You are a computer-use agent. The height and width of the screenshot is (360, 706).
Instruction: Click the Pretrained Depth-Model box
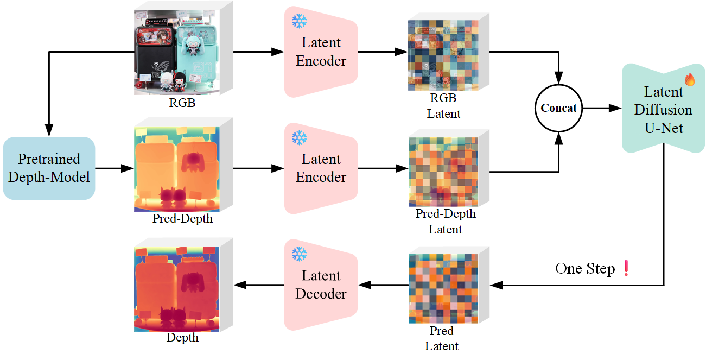49,168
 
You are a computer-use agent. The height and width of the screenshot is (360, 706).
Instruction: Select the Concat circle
558,108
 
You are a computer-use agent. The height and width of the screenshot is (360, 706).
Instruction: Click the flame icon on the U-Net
690,80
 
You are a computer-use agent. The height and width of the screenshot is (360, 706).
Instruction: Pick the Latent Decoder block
321,285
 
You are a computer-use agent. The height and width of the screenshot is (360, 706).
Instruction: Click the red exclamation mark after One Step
626,269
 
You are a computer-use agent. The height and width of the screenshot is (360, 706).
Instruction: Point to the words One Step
585,269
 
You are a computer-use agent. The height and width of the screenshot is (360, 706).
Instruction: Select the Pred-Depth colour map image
177,169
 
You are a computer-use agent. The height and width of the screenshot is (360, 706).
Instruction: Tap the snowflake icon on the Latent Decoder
300,254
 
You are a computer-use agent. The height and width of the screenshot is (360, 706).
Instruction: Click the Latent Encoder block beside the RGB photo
321,52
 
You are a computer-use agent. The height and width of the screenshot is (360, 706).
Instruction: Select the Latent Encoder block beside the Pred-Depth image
321,168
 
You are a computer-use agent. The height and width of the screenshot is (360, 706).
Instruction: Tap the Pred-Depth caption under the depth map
182,219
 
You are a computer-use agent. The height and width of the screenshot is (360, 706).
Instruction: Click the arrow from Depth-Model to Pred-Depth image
115,168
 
